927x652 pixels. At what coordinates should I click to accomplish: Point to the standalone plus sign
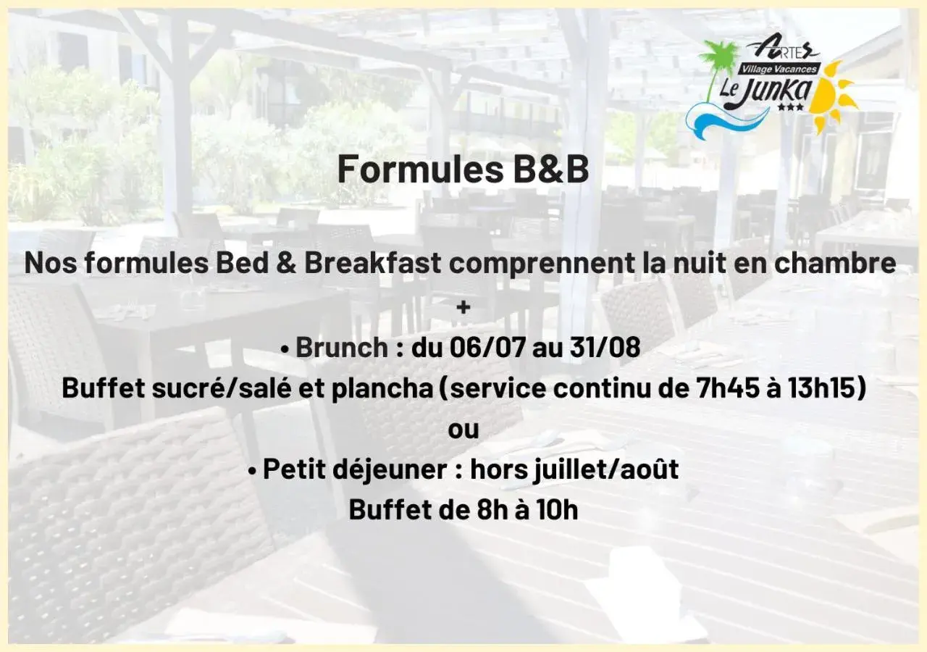[x=463, y=307]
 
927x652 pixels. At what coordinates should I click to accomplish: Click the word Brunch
[x=342, y=348]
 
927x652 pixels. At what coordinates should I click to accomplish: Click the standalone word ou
[x=463, y=429]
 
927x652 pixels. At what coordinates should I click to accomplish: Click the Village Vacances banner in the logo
[x=779, y=70]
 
